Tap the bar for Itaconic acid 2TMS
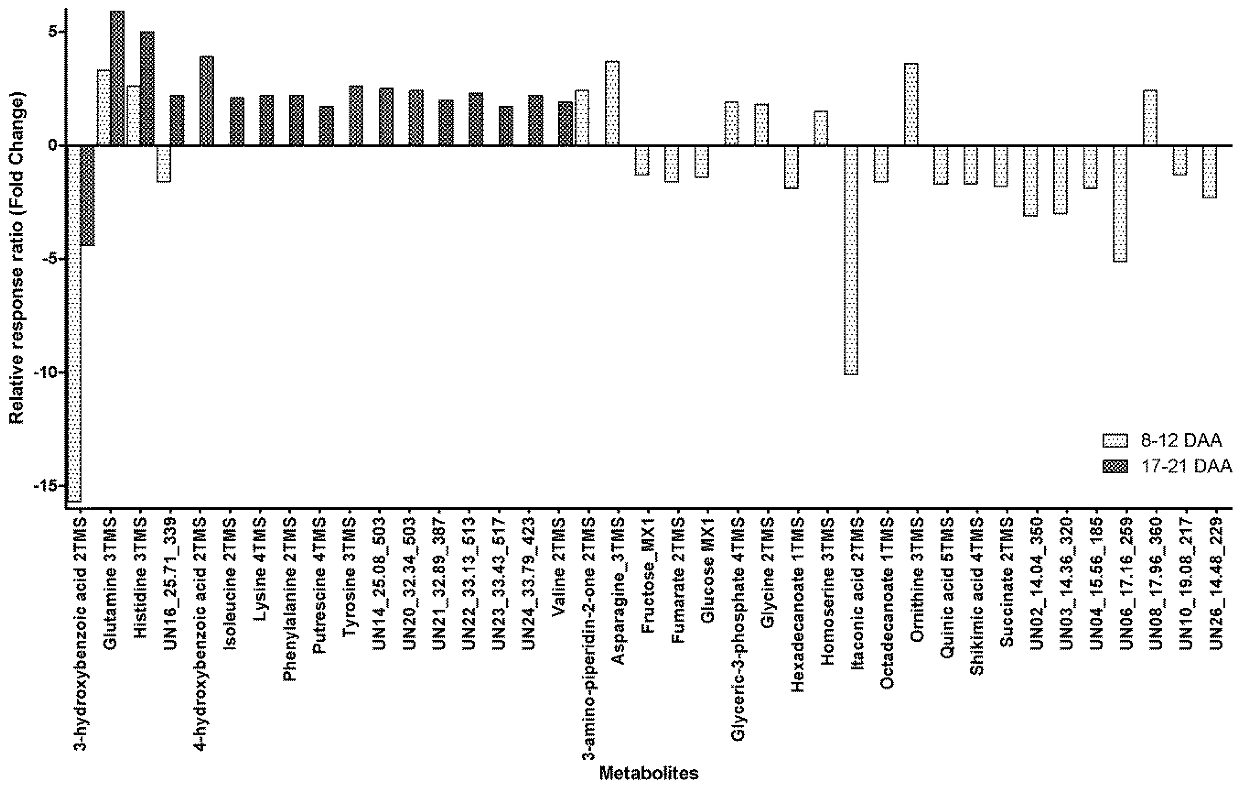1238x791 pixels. click(x=851, y=260)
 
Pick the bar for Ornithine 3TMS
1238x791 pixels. click(x=911, y=105)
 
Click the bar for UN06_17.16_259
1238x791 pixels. click(x=1120, y=204)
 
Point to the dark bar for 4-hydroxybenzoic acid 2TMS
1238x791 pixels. click(x=207, y=101)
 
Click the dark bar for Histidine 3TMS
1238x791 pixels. click(x=147, y=89)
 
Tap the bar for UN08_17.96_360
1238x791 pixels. click(x=1150, y=118)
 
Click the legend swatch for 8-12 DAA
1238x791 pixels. click(x=1115, y=441)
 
